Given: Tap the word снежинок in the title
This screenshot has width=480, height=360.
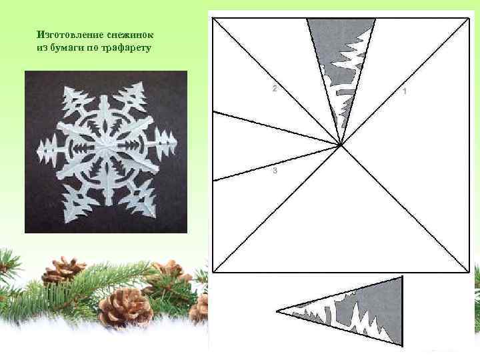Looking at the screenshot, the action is pos(131,35).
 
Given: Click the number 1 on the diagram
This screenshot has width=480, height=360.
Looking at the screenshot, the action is pos(405,91).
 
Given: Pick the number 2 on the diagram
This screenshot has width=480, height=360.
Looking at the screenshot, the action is pos(275,89).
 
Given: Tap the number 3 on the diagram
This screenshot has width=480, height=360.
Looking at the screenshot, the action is pos(275,170).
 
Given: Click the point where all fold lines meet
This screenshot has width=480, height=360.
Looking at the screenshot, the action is pos(341,146).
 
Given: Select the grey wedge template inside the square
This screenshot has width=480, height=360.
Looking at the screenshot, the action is pos(341,61).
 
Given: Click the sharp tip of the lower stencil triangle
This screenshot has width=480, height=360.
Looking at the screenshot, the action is pos(277,311).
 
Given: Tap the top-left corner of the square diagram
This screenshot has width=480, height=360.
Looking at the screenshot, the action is pos(213,19).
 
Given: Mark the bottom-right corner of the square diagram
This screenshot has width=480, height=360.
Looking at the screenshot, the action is pos(469,272).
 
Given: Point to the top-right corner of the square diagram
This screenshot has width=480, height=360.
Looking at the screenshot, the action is pos(469,19).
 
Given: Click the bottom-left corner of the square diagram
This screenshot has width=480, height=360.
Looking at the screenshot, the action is pos(213,272).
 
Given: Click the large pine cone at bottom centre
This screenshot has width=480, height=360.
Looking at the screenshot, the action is pos(125,307).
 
